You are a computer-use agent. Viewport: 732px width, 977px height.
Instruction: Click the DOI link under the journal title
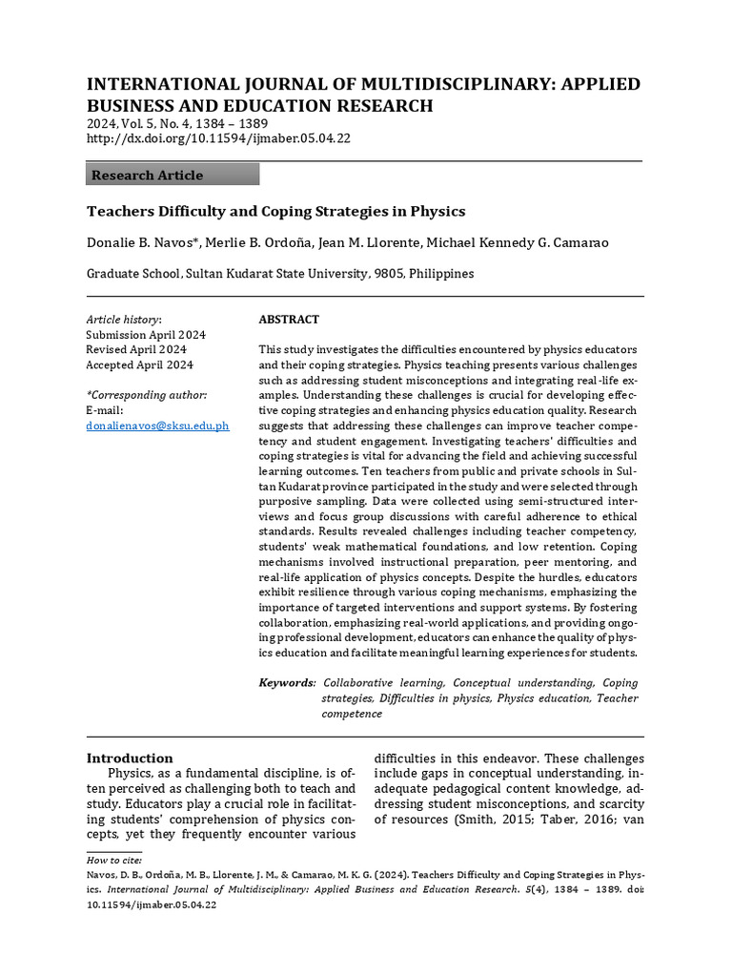(219, 138)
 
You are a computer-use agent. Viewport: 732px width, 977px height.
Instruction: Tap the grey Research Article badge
(173, 175)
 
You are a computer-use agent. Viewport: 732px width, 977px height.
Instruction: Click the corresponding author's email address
(157, 426)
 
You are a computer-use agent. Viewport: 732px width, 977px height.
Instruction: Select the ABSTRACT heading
(289, 320)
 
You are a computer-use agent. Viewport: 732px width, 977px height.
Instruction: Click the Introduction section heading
(130, 759)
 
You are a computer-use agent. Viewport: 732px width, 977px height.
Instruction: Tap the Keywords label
(287, 683)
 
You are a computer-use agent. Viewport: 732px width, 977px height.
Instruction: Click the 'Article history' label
(124, 320)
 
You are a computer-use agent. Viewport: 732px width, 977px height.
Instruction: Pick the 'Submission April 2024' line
(146, 335)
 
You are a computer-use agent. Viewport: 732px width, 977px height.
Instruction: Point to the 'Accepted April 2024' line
(140, 365)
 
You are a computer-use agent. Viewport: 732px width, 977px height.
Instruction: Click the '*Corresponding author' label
(146, 395)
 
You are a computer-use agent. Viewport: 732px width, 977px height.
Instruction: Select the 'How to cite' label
(111, 860)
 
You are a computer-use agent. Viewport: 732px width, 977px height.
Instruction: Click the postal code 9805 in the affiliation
(387, 274)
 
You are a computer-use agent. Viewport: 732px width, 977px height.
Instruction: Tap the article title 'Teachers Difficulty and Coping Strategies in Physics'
(276, 211)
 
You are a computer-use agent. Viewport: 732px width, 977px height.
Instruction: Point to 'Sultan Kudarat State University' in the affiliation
(276, 274)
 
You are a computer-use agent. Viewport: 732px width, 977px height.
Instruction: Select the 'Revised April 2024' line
(136, 350)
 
